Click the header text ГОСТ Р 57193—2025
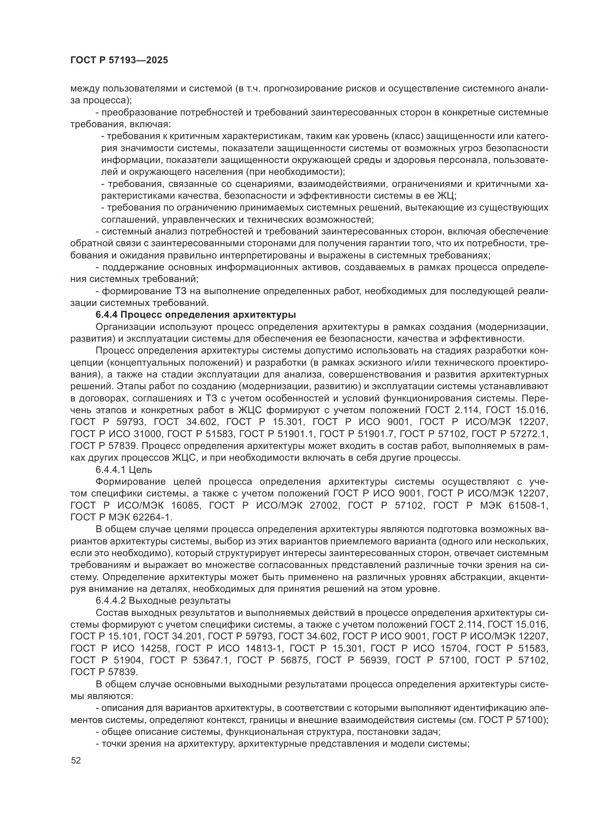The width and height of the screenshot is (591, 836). coord(119,60)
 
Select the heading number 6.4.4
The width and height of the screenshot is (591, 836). coord(105,315)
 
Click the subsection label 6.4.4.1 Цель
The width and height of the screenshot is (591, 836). coord(124,470)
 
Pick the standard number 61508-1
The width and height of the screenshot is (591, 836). coord(528,505)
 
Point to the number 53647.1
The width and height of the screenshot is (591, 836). coord(212,660)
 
